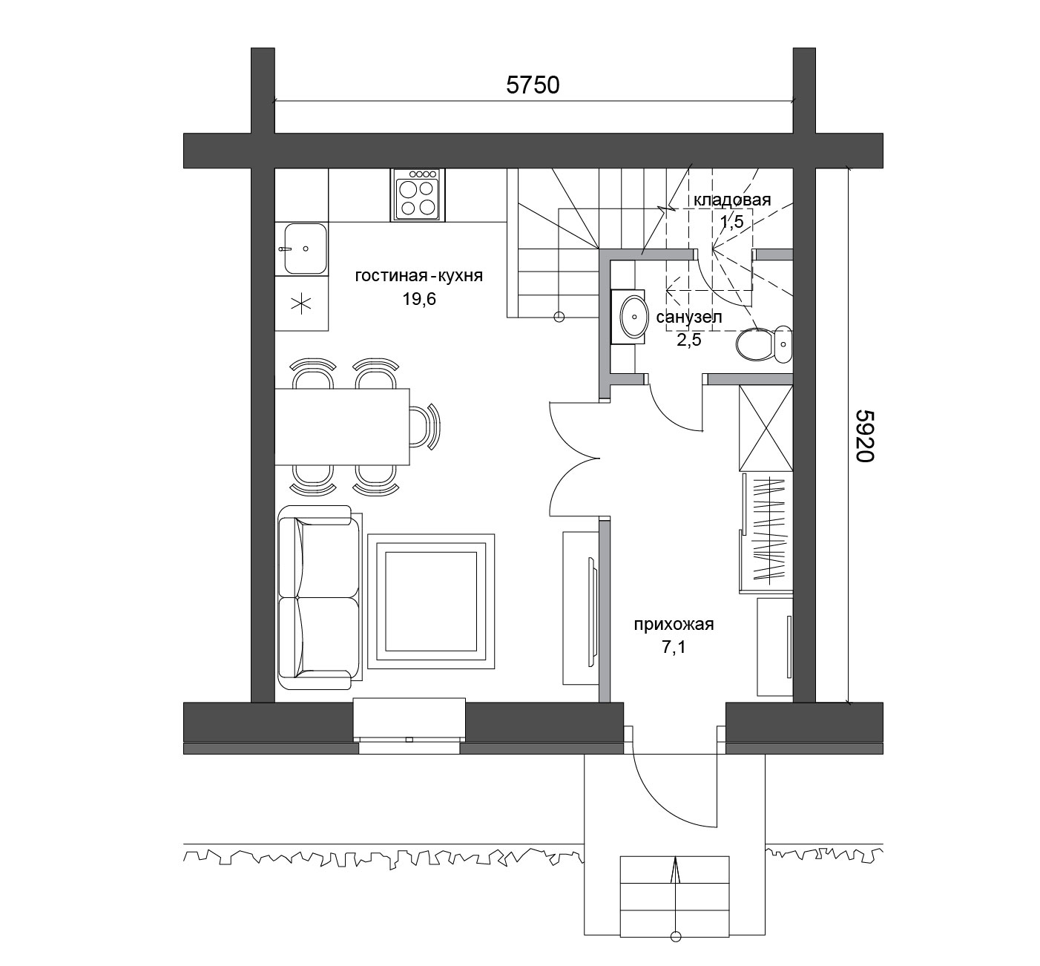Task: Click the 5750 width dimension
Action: pyautogui.click(x=533, y=85)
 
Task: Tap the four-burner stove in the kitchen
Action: pyautogui.click(x=418, y=195)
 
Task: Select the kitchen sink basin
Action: pyautogui.click(x=306, y=249)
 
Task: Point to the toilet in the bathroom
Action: pyautogui.click(x=764, y=344)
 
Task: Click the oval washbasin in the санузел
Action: pyautogui.click(x=633, y=316)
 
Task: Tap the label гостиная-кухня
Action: pyautogui.click(x=419, y=275)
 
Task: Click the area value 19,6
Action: pyautogui.click(x=419, y=299)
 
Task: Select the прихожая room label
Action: pyautogui.click(x=674, y=625)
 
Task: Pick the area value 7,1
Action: pyautogui.click(x=674, y=648)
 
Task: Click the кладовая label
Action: pyautogui.click(x=732, y=200)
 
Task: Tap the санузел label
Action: pyautogui.click(x=688, y=317)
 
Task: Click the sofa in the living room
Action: pyautogui.click(x=320, y=598)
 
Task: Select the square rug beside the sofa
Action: pyautogui.click(x=431, y=602)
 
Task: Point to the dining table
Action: pyautogui.click(x=342, y=427)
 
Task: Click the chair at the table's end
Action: pyautogui.click(x=425, y=427)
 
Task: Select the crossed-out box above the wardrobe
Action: pyautogui.click(x=766, y=427)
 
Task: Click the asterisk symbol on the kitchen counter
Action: pyautogui.click(x=302, y=304)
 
